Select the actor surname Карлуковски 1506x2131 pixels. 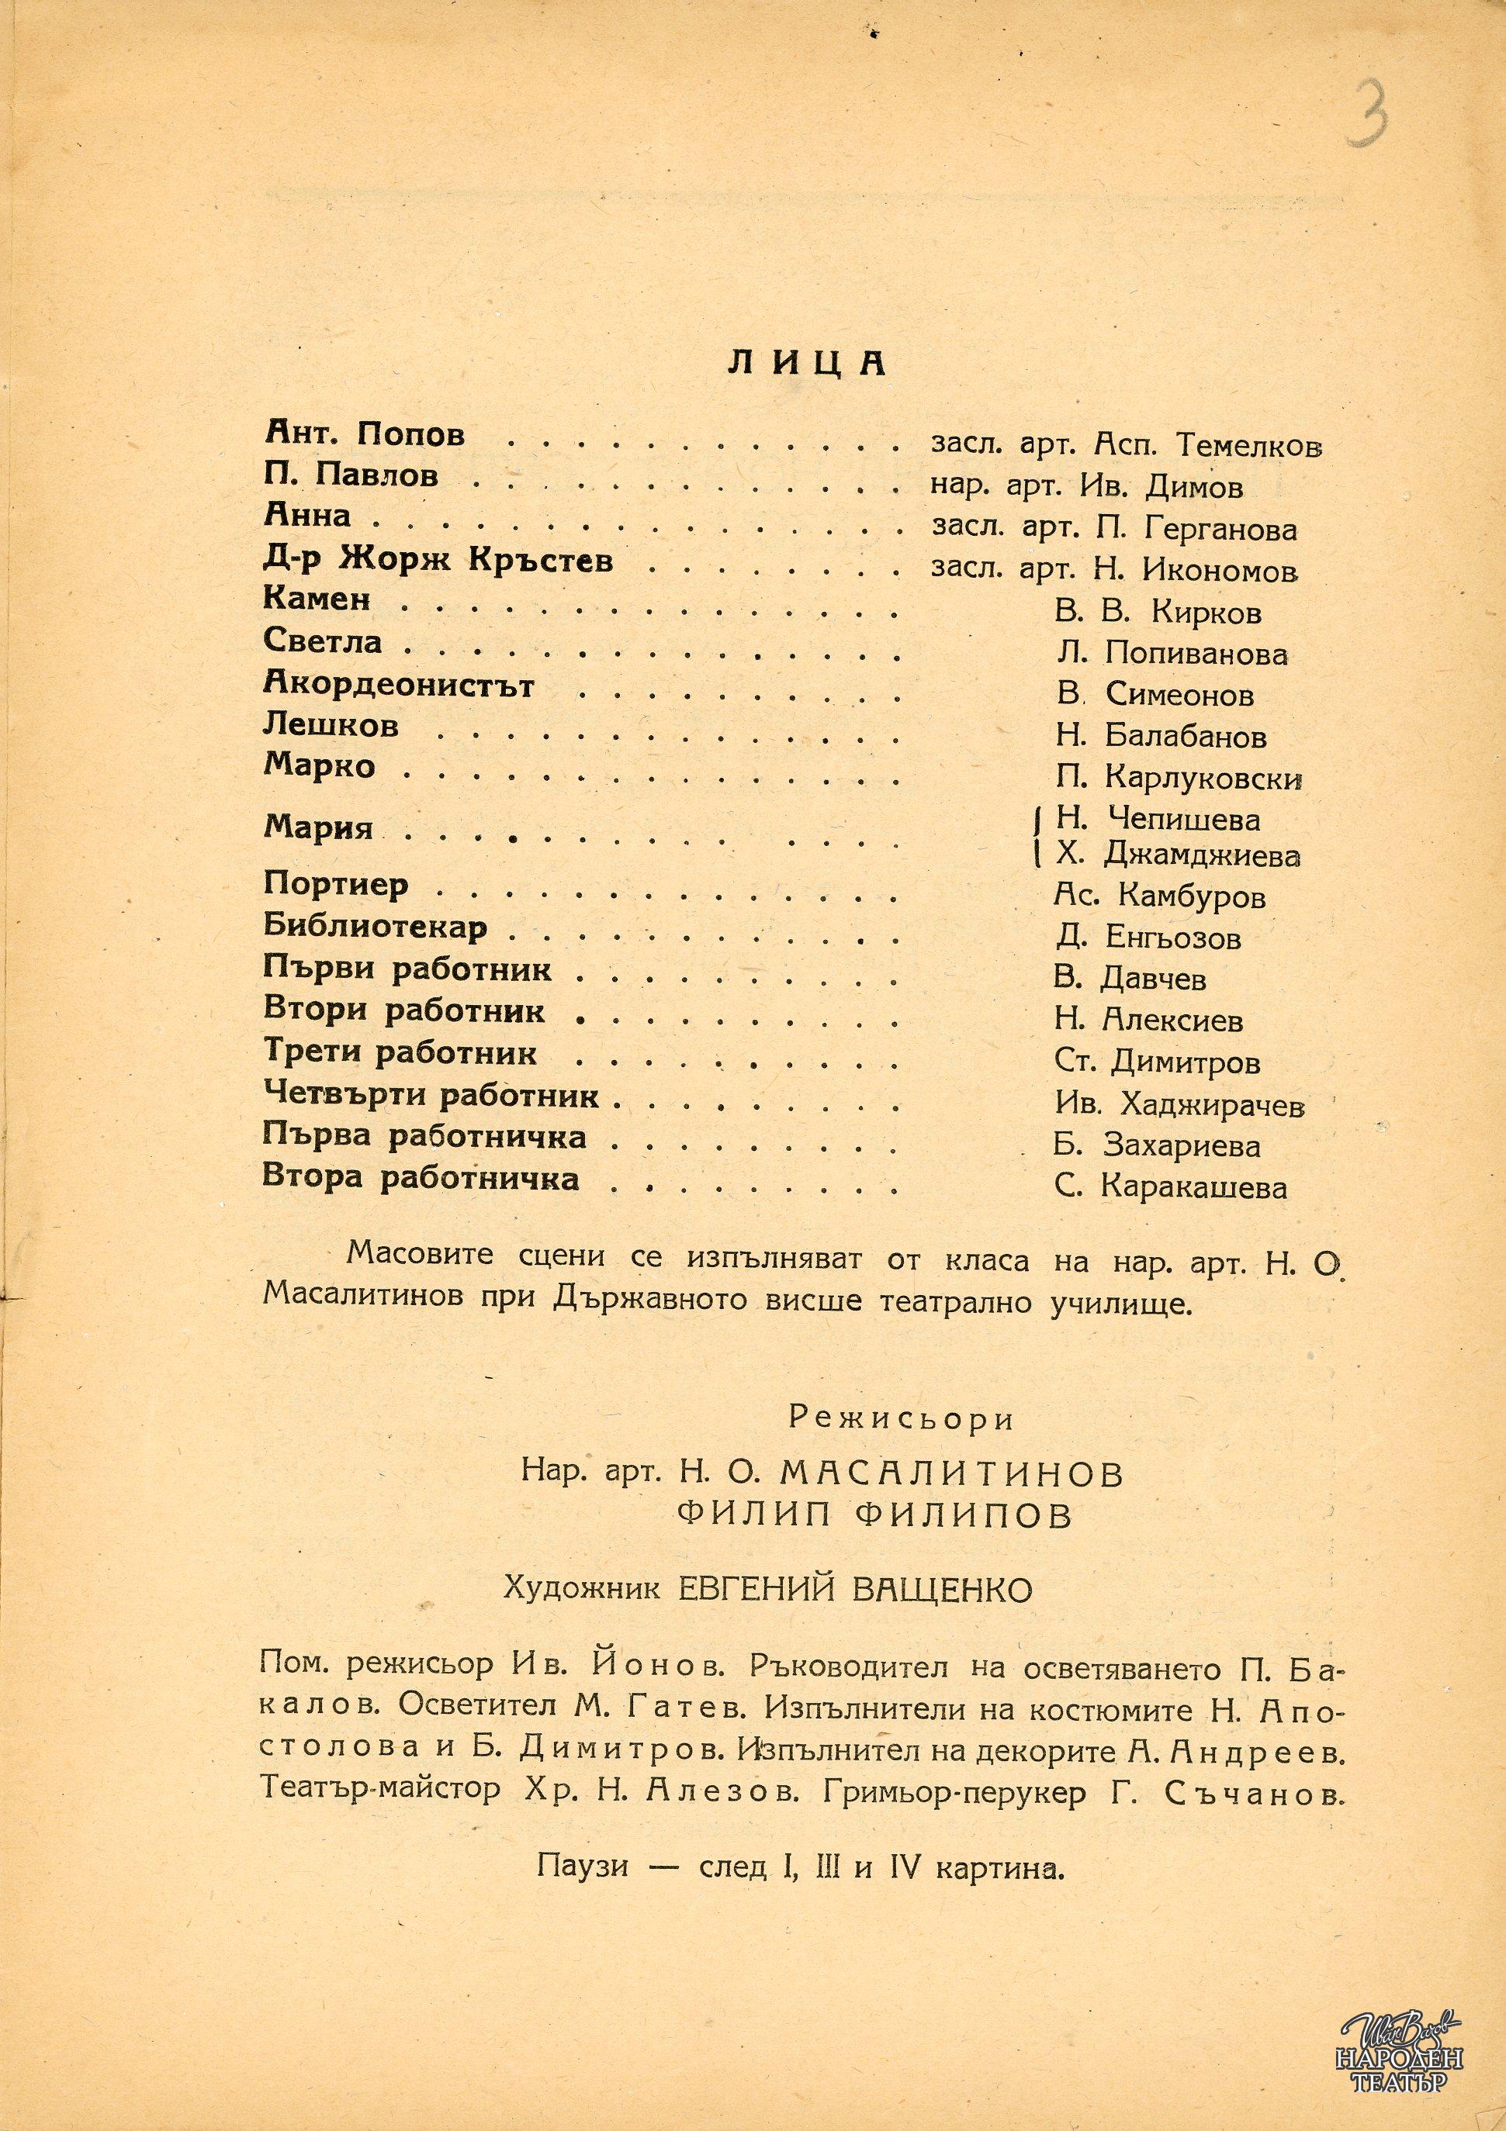click(1203, 778)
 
